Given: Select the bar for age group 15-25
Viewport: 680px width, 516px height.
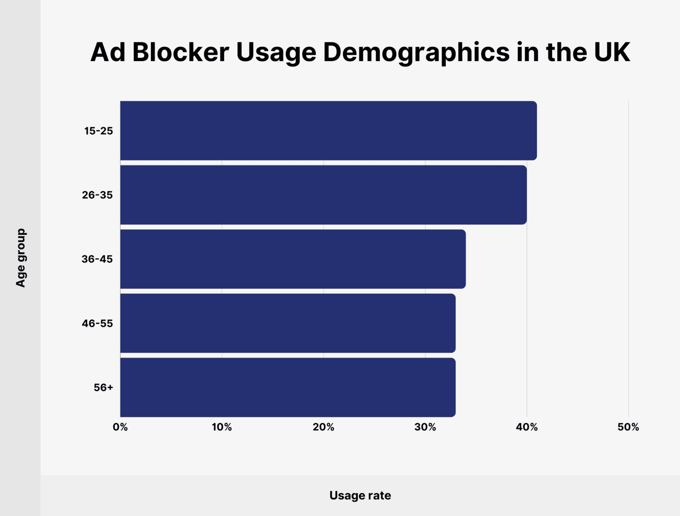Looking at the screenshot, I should (328, 130).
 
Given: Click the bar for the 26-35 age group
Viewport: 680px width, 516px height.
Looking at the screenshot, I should (323, 195).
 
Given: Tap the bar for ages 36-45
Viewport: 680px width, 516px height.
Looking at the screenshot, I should (293, 259).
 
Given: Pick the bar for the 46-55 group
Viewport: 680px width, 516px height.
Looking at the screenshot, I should (288, 323).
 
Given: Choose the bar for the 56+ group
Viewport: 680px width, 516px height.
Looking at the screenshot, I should (288, 387).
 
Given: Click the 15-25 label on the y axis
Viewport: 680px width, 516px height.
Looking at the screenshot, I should (98, 131).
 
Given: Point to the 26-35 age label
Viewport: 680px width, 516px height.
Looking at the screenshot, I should (97, 195).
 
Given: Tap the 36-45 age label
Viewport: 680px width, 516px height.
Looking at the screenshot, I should (97, 259).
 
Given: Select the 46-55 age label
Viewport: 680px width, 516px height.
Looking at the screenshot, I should (97, 323).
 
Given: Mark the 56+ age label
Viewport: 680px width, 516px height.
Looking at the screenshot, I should (103, 387).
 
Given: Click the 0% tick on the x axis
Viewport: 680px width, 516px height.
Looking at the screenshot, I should (120, 427).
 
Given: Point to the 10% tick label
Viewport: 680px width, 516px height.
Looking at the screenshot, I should (222, 427).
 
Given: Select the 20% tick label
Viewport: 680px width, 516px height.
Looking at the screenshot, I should (323, 427).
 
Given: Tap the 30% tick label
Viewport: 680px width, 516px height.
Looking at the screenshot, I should (425, 427).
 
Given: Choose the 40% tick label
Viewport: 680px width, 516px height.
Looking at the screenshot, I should (527, 427).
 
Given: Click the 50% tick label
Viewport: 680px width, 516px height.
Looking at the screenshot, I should (628, 427).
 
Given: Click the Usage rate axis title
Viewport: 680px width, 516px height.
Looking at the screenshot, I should (360, 495).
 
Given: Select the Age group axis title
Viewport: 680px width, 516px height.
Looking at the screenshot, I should (21, 258).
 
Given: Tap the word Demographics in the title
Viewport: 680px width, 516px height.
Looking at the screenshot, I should (416, 53).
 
